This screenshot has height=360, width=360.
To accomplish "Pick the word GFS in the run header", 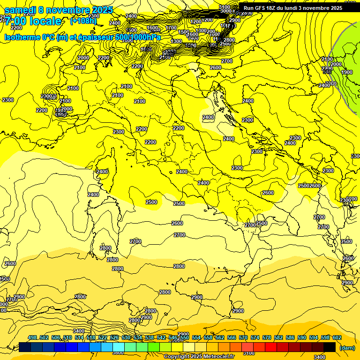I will pos(262,8).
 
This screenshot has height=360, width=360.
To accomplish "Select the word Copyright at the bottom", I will pos(178,356).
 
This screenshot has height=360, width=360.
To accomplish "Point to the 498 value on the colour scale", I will pos(32,337).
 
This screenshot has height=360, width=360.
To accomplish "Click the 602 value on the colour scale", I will pos(337,337).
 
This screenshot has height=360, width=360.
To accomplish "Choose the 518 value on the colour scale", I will pos(91,337).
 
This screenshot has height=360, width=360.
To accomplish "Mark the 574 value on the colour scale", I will pos(255,337).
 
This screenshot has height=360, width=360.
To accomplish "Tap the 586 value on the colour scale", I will pos(290,337).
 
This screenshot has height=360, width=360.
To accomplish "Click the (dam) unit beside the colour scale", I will pos(347,348).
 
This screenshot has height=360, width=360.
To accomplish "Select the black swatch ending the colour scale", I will pos(330,347).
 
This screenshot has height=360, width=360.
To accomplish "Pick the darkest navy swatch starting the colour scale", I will pos(25,347).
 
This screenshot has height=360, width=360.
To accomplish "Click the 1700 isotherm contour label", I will pos(171,28).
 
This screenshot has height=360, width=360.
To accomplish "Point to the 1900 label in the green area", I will pos(347,72).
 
